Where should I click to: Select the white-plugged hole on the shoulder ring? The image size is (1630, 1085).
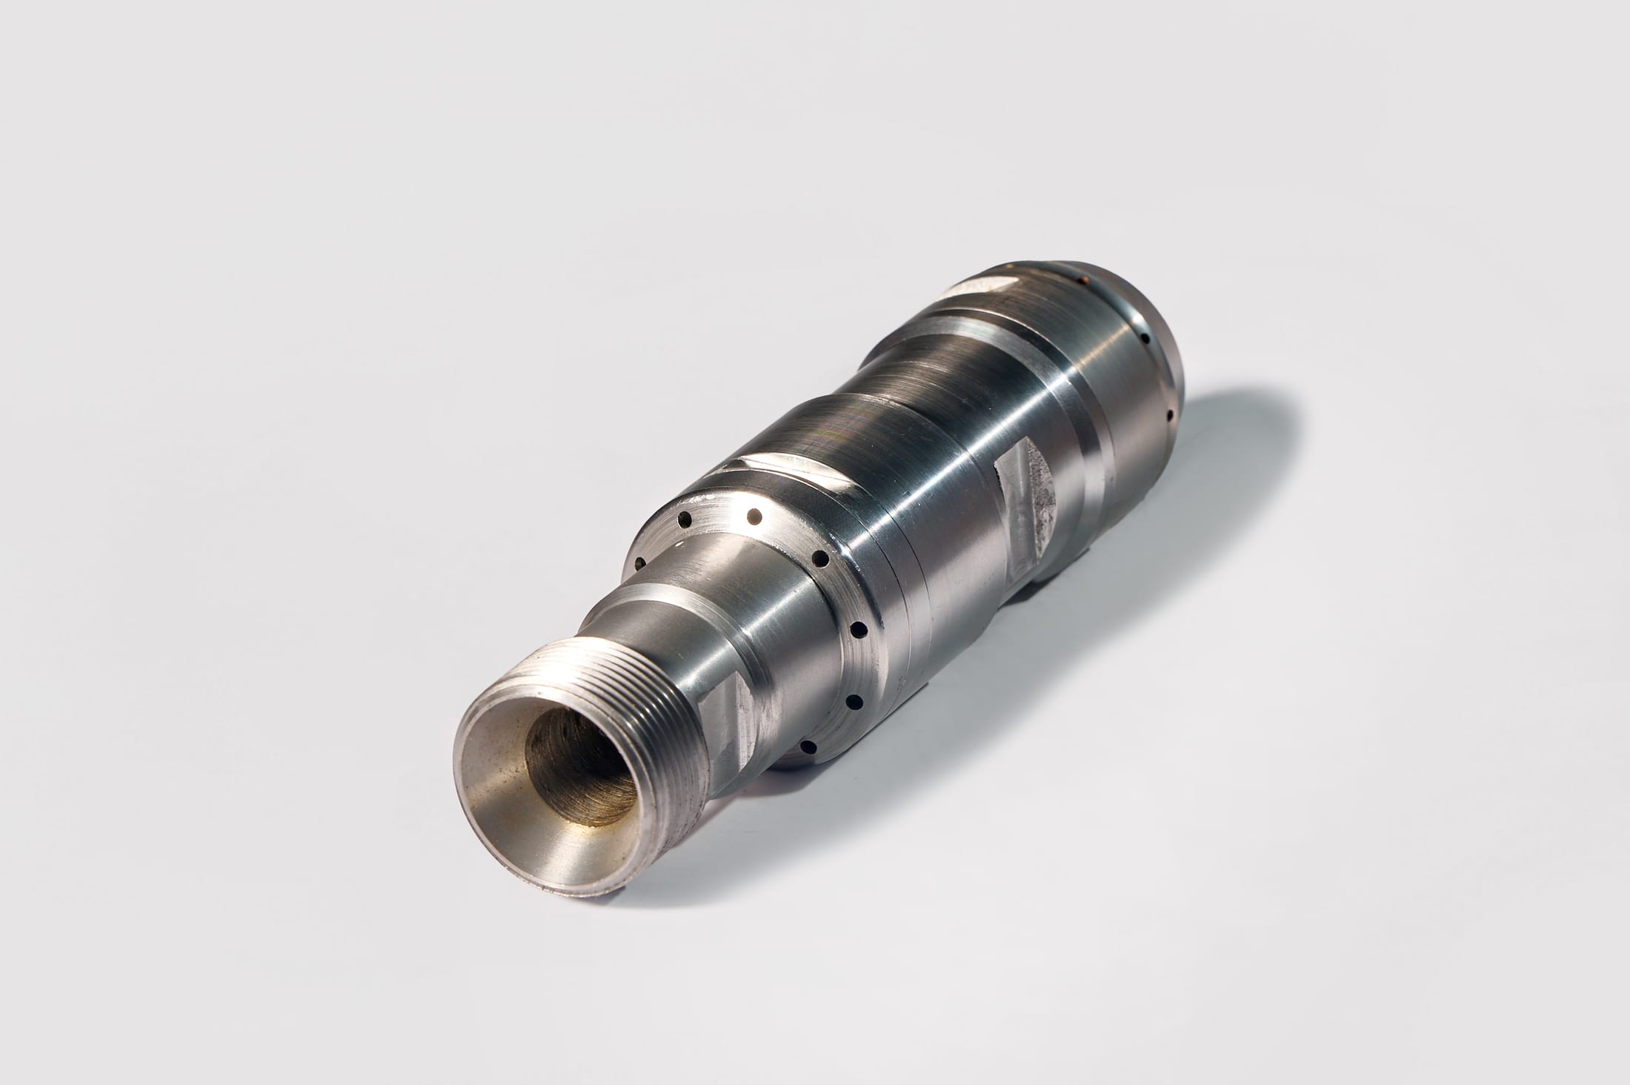click(x=755, y=514)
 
